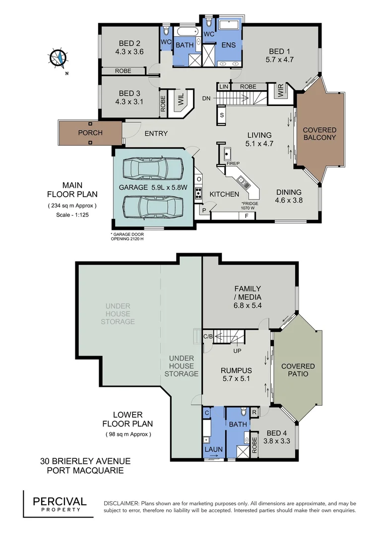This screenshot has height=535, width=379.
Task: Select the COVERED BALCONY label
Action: tap(319, 134)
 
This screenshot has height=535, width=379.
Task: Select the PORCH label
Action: tap(90, 133)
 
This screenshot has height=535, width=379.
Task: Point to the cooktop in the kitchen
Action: tap(198, 193)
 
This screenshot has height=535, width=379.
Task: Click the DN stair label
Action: tap(207, 98)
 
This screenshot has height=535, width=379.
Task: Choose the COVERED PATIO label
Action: tap(298, 370)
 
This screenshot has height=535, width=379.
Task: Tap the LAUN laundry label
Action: tap(214, 449)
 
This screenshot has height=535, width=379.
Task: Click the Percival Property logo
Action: tap(60, 504)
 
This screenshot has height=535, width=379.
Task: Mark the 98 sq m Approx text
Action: tap(127, 434)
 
